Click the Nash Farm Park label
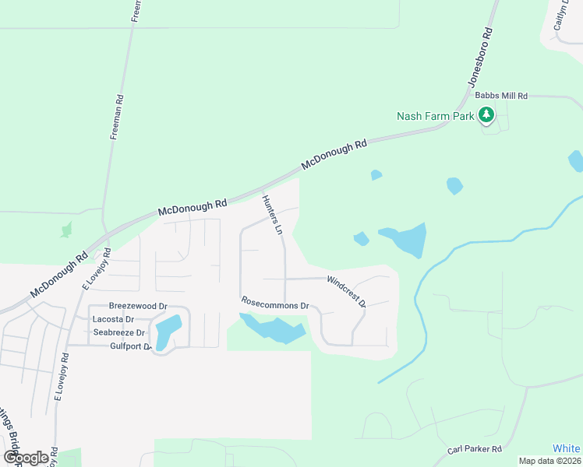[435, 117]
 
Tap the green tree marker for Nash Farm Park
[487, 116]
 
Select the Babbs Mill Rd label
[501, 96]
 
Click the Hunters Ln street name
[271, 215]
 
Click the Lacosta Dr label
[113, 319]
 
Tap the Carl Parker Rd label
[474, 450]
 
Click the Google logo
[26, 458]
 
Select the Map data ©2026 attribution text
[549, 461]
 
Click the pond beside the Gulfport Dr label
[166, 332]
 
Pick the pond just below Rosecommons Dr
[274, 329]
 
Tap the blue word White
[566, 448]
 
